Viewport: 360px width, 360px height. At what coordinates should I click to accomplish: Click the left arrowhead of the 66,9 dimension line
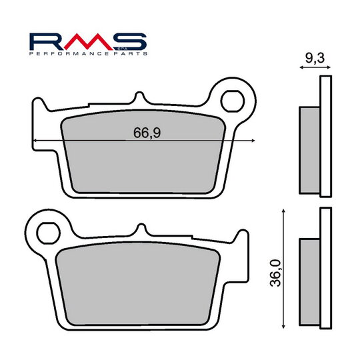click(34, 141)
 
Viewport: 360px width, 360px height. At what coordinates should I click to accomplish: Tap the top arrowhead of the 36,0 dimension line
click(285, 210)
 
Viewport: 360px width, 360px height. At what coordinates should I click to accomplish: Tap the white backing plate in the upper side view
click(325, 136)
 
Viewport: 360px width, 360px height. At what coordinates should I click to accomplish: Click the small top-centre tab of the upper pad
click(139, 97)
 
